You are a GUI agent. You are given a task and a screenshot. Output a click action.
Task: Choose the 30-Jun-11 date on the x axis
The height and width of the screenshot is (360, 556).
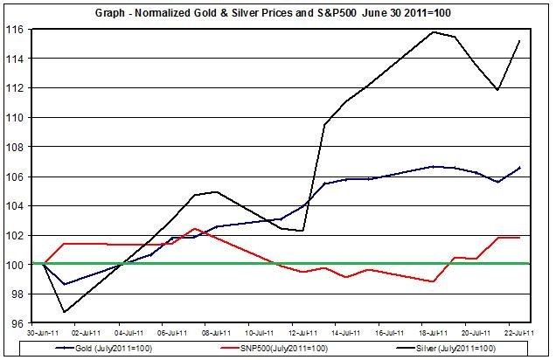click(x=43, y=333)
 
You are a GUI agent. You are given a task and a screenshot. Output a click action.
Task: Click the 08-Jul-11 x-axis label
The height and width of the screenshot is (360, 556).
click(x=216, y=333)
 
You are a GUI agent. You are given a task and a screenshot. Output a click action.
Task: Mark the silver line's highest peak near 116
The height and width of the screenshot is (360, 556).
click(x=433, y=32)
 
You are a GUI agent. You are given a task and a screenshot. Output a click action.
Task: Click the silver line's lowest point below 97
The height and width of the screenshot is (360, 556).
click(x=65, y=312)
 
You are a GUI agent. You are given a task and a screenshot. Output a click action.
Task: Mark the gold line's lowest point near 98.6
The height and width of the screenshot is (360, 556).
click(x=65, y=284)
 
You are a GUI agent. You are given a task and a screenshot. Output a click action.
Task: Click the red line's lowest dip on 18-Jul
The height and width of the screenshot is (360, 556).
click(x=433, y=281)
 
